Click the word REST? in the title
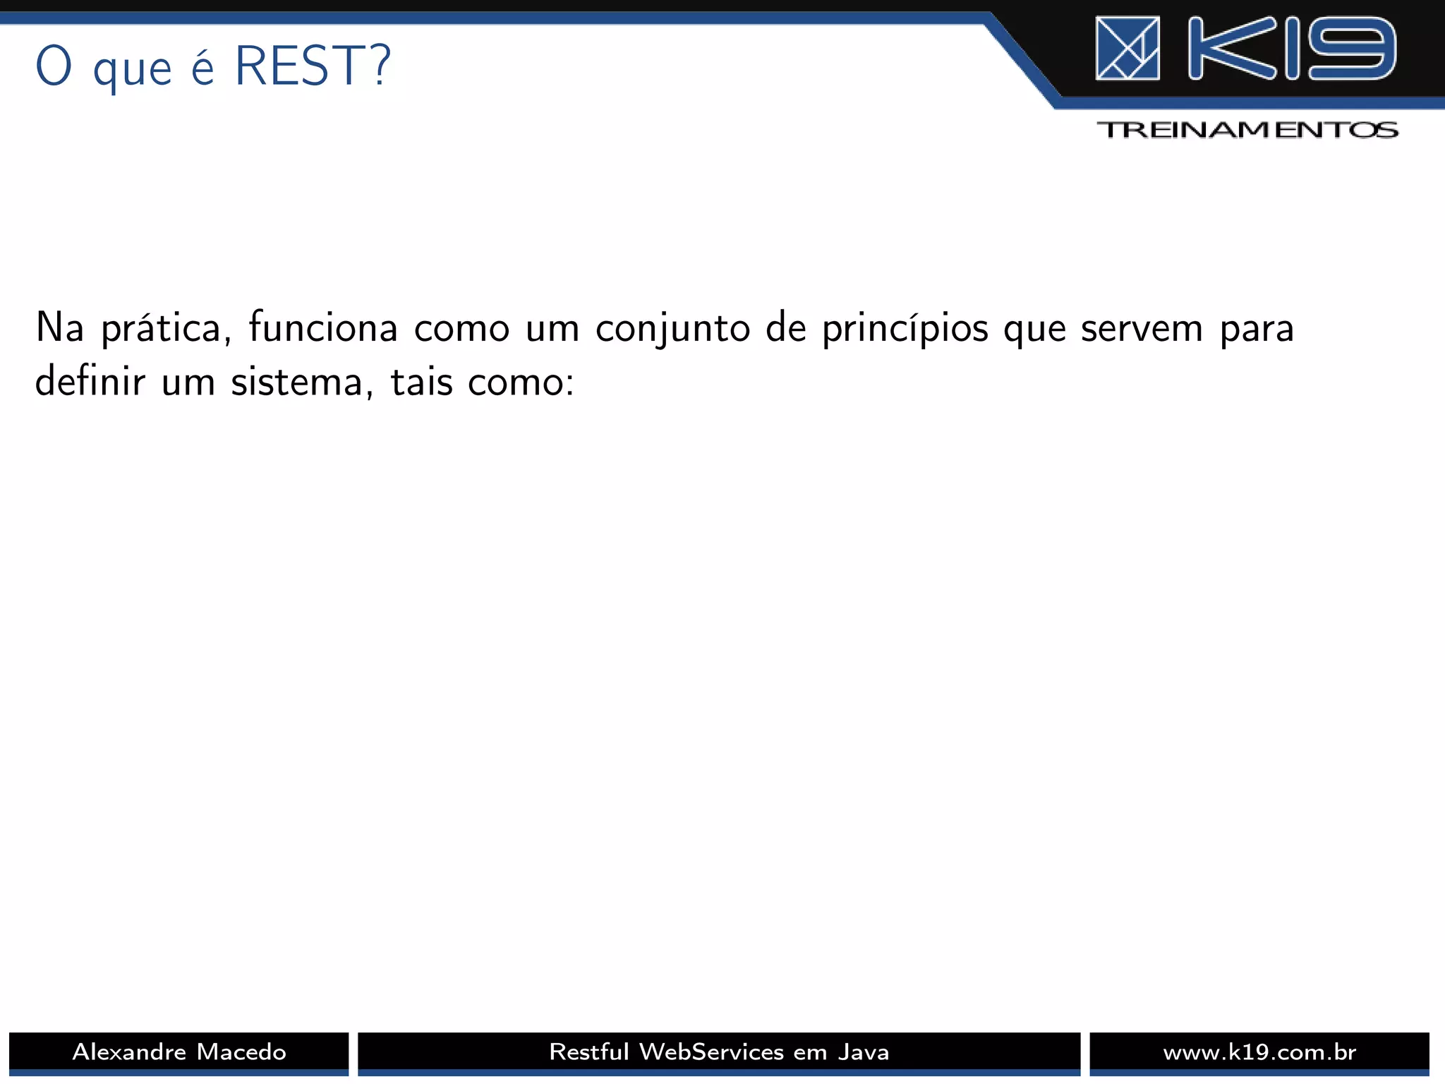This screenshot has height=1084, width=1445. click(x=312, y=66)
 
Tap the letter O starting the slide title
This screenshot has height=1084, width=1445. click(x=54, y=66)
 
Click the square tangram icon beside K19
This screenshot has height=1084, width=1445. click(x=1127, y=48)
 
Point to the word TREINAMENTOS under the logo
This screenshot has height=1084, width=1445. click(x=1247, y=130)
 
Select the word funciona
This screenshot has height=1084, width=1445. click(x=323, y=328)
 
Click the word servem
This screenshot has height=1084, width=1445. click(x=1142, y=329)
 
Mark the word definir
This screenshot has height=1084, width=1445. click(x=90, y=382)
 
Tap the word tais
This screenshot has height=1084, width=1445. click(x=421, y=382)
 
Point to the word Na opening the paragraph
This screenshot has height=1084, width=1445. click(x=59, y=327)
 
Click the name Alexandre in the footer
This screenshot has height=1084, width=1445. click(x=128, y=1052)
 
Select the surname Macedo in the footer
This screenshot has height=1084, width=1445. click(x=241, y=1052)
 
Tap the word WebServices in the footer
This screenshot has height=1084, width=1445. click(x=711, y=1052)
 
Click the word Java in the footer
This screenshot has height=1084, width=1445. click(x=864, y=1052)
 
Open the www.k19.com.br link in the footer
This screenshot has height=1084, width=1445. click(x=1259, y=1052)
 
